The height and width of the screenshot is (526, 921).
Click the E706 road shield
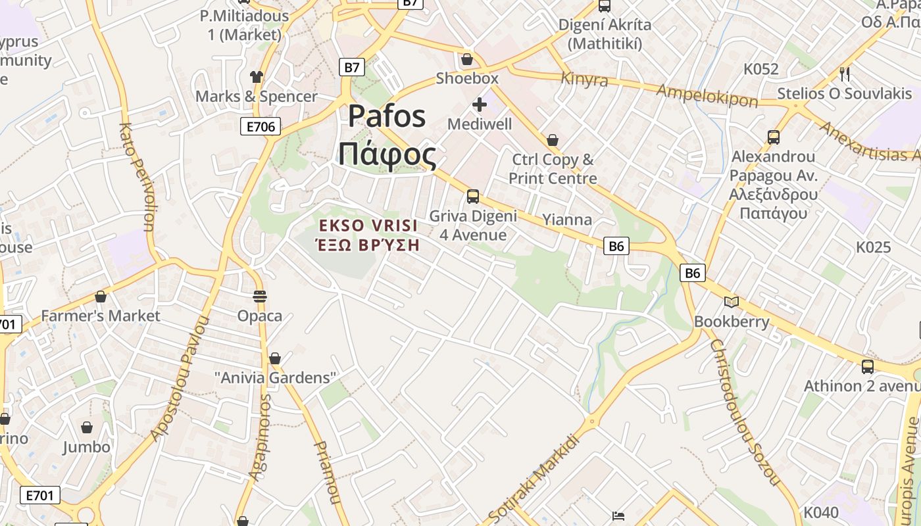tap(261, 126)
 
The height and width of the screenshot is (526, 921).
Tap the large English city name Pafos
tap(387, 116)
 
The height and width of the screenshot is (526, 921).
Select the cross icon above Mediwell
tap(480, 104)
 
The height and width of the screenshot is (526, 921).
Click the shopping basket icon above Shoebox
tap(467, 60)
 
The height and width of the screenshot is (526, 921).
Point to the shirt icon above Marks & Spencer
tap(257, 77)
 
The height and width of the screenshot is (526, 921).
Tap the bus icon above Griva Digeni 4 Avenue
tap(472, 196)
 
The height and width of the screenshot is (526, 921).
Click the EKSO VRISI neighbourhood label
tap(368, 226)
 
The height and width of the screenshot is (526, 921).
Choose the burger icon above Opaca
tap(260, 296)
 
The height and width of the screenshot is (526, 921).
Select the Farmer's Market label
tap(100, 316)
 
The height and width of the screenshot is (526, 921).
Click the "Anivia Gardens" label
tap(276, 377)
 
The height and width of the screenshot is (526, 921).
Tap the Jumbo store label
tap(86, 447)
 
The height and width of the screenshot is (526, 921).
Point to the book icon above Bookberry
tap(731, 302)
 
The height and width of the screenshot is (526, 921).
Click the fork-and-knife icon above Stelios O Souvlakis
tap(845, 74)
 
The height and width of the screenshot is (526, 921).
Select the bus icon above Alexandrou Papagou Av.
tap(774, 137)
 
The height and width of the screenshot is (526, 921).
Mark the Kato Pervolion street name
tap(137, 178)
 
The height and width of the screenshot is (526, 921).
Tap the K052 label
tap(761, 69)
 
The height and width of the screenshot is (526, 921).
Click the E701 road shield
tap(40, 495)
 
